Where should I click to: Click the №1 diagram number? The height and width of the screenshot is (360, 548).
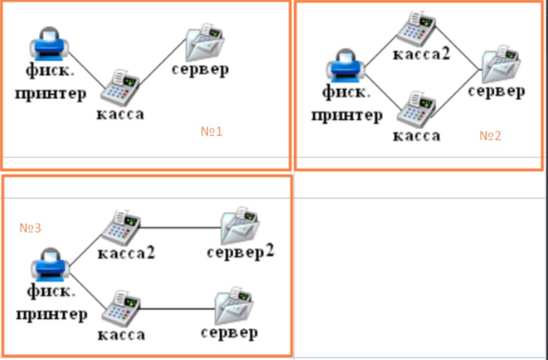pos(211,132)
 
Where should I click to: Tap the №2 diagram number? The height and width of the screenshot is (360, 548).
pos(490,136)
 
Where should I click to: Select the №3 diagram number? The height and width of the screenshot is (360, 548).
pos(30,228)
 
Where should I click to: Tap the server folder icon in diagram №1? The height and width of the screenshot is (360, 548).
pos(204,42)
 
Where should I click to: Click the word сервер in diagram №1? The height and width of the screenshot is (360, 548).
pos(200,69)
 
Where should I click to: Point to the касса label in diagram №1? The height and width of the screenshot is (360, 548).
pos(120,114)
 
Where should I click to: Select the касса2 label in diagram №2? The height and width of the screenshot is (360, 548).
pos(422,54)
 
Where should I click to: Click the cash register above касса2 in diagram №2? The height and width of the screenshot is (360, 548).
pos(416,29)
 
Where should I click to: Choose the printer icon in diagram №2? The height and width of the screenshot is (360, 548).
pos(345,66)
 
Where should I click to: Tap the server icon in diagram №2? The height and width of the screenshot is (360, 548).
pos(501,64)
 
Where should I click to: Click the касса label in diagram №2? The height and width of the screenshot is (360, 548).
pos(416,136)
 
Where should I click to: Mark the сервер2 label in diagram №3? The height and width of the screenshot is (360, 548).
pos(240,252)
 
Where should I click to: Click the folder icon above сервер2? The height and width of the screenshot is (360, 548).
pos(240,226)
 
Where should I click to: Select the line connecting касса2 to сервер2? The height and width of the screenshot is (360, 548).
pos(180,228)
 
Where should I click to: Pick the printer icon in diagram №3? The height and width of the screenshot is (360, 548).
pos(50,265)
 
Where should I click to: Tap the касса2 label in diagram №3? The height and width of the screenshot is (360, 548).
pos(126,253)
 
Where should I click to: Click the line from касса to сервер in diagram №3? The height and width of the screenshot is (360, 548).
pos(177,309)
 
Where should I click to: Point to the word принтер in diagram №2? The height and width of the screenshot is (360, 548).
pos(346,116)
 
